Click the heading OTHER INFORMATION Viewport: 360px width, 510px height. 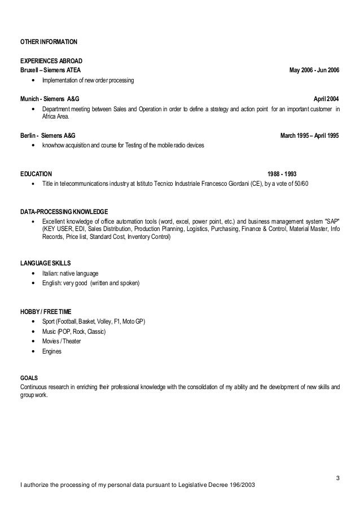49,42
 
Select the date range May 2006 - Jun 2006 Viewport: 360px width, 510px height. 314,71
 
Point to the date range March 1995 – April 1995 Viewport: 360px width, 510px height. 310,136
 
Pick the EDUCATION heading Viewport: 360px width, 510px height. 36,174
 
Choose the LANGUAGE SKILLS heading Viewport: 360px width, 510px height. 46,263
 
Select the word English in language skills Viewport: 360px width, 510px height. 52,283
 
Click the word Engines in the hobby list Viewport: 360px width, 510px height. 52,351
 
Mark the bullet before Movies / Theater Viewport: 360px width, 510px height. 36,342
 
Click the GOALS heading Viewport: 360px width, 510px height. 28,378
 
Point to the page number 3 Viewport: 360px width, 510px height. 337,480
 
